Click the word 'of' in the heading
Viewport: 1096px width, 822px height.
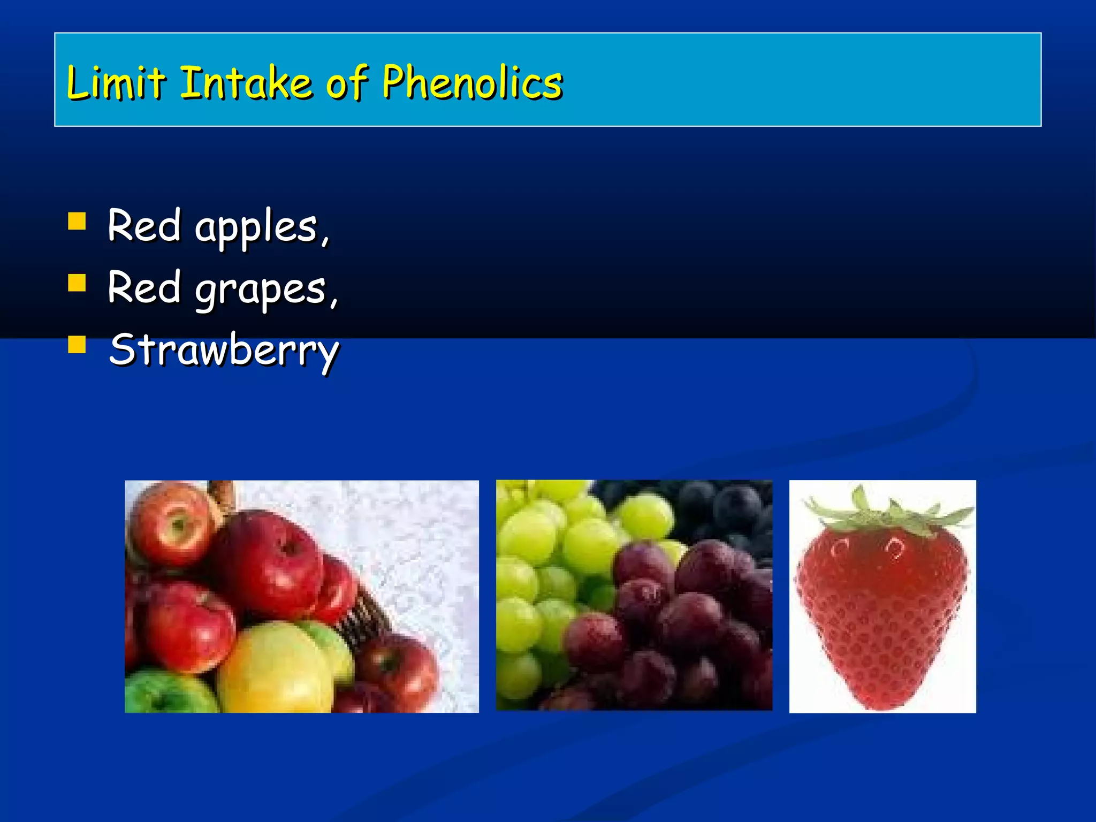[x=347, y=84]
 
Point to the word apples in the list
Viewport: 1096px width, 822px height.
[x=256, y=227]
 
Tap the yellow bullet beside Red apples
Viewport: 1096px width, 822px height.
[x=77, y=221]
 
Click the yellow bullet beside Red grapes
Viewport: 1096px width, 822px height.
[x=77, y=283]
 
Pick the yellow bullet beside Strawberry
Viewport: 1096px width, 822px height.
[x=77, y=345]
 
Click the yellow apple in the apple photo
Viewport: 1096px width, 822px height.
[x=273, y=669]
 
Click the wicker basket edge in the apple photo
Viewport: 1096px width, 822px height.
[x=364, y=615]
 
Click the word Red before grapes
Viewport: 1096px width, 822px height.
[x=144, y=288]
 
